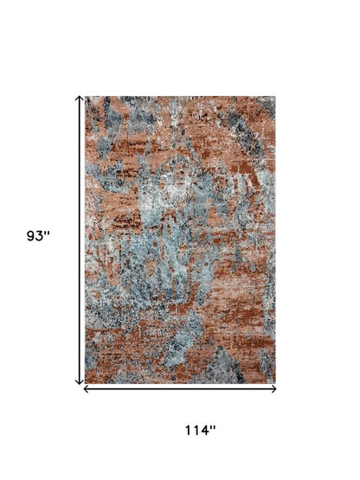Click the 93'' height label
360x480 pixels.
(38, 235)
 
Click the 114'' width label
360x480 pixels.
(199, 430)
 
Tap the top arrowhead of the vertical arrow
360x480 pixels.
(80, 98)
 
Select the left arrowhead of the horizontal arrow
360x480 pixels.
(86, 389)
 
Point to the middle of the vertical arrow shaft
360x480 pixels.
(80, 240)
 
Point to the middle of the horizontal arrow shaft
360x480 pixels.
(180, 389)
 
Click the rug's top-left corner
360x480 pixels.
(86, 96)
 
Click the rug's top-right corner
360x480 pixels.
(275, 96)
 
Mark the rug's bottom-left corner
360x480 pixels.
(86, 382)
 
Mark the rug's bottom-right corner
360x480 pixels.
(275, 382)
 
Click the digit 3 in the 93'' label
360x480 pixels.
(40, 235)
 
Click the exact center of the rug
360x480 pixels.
(180, 240)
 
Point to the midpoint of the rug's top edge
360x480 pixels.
(180, 96)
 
